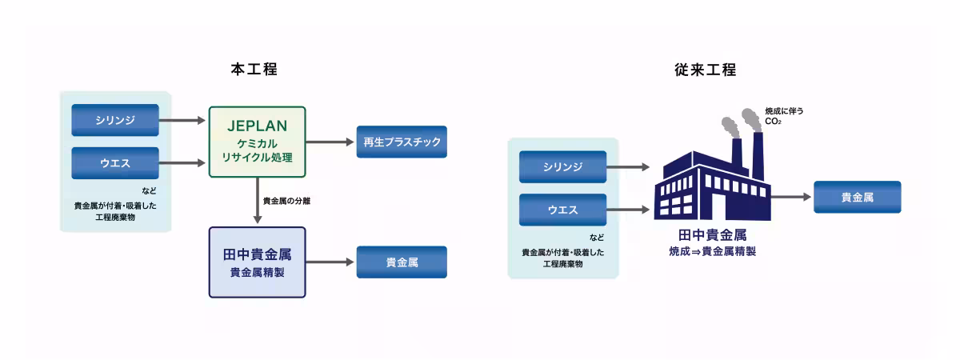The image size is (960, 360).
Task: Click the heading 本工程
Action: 254,69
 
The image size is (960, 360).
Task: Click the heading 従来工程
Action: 705,70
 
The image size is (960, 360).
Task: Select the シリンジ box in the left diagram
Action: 115,120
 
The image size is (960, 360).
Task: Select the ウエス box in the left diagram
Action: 115,163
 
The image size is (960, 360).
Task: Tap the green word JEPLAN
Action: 257,126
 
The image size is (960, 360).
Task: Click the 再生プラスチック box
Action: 401,142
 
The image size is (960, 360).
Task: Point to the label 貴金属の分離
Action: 286,201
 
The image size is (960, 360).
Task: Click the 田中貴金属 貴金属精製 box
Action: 257,262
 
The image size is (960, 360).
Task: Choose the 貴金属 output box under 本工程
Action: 402,262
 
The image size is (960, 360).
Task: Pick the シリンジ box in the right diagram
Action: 562,166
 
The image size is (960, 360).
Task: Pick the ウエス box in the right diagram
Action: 562,210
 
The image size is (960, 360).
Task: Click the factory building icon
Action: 712,180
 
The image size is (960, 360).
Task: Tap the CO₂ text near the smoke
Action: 773,122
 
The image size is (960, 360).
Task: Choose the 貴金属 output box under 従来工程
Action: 857,197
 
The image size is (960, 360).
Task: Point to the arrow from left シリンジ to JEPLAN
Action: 182,121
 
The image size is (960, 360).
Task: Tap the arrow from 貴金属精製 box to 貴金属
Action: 330,262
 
